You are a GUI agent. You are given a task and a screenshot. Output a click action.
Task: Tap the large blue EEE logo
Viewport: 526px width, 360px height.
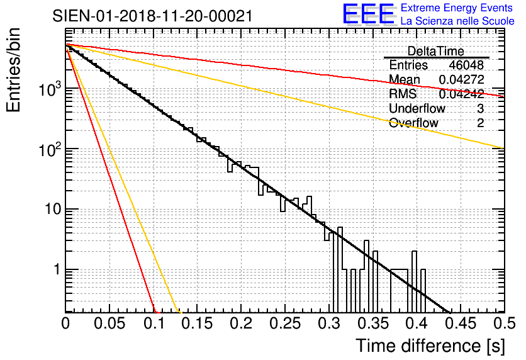click(369, 16)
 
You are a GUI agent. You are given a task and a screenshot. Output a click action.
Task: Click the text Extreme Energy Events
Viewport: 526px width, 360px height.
click(457, 8)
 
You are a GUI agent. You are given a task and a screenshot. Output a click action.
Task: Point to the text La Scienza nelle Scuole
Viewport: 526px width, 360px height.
click(457, 21)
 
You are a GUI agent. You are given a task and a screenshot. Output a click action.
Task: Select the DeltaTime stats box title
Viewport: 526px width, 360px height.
click(436, 51)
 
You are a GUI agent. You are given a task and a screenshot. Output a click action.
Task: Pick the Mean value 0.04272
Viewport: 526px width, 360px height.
click(461, 80)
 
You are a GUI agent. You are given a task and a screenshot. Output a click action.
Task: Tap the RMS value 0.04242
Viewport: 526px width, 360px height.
click(461, 94)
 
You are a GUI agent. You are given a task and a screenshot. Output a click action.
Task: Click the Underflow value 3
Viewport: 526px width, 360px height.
click(480, 109)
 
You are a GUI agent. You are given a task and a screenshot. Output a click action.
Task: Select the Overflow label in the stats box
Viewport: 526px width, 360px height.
click(413, 123)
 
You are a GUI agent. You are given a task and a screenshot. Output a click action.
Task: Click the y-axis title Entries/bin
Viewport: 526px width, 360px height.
click(18, 70)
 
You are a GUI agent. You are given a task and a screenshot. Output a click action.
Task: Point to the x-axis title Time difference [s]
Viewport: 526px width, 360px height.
click(429, 346)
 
